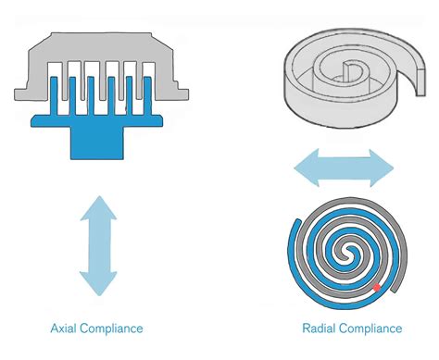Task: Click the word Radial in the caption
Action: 319,329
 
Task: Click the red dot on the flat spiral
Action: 376,288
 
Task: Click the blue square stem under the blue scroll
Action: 98,142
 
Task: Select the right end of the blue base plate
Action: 158,119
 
